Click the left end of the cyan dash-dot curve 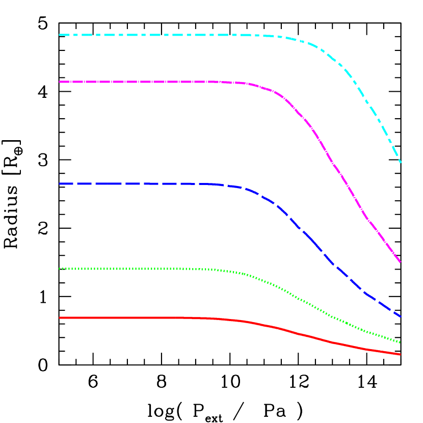(x=60, y=35)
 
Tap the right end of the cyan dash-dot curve (x=401, y=162)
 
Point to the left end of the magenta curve (x=60, y=82)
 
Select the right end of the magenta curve (x=401, y=262)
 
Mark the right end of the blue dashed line (x=401, y=316)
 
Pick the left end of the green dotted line (x=60, y=269)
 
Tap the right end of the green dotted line (x=401, y=342)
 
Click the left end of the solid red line (x=60, y=318)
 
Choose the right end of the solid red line (x=401, y=354)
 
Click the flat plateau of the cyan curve (x=153, y=35)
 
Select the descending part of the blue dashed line (x=316, y=245)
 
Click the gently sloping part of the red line (x=316, y=338)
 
